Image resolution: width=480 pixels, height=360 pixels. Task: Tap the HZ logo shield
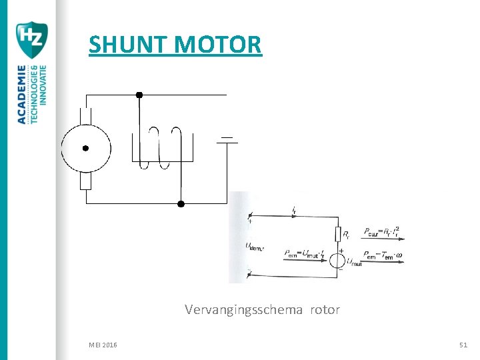(x=31, y=39)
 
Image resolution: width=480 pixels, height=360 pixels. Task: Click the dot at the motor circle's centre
(x=85, y=148)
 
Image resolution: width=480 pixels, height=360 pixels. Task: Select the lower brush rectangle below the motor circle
(x=85, y=180)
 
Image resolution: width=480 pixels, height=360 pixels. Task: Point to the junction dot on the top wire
(x=139, y=95)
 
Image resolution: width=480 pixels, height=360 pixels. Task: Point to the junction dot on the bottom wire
(x=180, y=203)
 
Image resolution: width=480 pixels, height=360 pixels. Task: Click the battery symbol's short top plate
(x=227, y=137)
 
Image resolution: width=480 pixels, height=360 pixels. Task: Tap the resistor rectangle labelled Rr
(x=338, y=233)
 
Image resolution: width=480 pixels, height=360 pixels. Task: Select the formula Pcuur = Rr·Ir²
(x=381, y=233)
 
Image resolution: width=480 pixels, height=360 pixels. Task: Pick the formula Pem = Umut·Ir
(x=303, y=253)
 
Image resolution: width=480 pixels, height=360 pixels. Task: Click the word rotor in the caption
(x=323, y=310)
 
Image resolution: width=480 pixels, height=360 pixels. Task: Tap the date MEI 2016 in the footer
(x=103, y=345)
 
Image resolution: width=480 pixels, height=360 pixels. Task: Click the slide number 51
(x=463, y=345)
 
